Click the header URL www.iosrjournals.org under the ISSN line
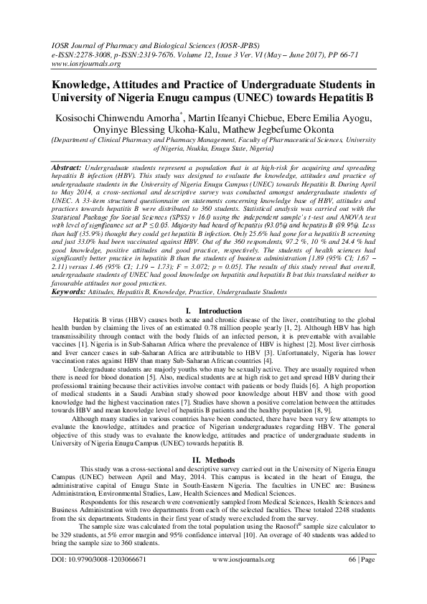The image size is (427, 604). coord(70,64)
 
